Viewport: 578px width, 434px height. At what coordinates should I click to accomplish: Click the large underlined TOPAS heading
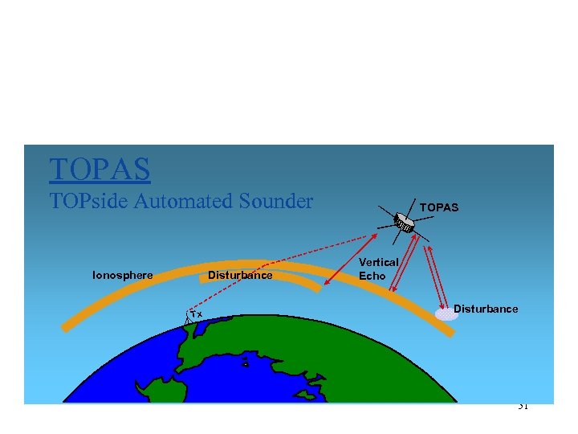click(x=100, y=170)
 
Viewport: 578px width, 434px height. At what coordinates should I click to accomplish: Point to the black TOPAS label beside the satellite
click(x=438, y=207)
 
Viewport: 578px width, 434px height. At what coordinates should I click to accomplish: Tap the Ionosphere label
click(x=123, y=276)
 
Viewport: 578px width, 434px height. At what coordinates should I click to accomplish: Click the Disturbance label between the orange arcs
click(x=240, y=276)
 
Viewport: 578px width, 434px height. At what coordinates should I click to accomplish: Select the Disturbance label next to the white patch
click(x=486, y=309)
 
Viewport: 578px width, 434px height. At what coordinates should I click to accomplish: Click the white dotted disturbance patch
click(x=446, y=314)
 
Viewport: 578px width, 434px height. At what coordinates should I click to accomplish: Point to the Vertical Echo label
click(x=378, y=268)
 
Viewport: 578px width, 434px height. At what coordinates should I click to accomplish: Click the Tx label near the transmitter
click(x=197, y=313)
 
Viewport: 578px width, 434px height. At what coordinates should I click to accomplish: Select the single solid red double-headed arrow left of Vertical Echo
click(x=350, y=260)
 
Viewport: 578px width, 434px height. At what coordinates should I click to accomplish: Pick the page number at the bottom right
click(x=522, y=406)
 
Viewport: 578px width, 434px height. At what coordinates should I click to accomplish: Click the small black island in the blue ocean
click(x=245, y=363)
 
